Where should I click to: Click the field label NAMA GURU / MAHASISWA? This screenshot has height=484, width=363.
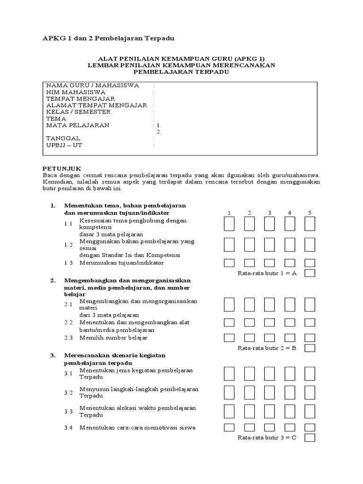(92, 86)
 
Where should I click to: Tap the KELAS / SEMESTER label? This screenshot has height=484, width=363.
(78, 112)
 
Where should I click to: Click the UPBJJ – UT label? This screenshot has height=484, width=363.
(64, 145)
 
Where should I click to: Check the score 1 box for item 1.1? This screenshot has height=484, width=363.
(229, 224)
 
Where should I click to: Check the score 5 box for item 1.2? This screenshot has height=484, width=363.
(310, 244)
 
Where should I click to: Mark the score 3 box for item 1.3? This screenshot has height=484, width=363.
(269, 263)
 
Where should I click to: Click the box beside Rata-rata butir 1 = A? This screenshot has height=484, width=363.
(310, 273)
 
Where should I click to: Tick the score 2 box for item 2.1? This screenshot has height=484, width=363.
(249, 304)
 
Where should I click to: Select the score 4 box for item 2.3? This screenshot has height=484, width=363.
(290, 337)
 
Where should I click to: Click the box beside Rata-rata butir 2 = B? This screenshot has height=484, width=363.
(310, 348)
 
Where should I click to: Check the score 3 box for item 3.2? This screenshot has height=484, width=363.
(269, 392)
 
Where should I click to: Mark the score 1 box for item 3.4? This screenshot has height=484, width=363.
(229, 428)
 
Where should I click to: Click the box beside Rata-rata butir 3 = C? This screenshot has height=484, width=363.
(310, 438)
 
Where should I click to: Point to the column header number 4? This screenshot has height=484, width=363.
(290, 213)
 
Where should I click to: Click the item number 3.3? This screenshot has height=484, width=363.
(69, 412)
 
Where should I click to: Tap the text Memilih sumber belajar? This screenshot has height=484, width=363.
(113, 338)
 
